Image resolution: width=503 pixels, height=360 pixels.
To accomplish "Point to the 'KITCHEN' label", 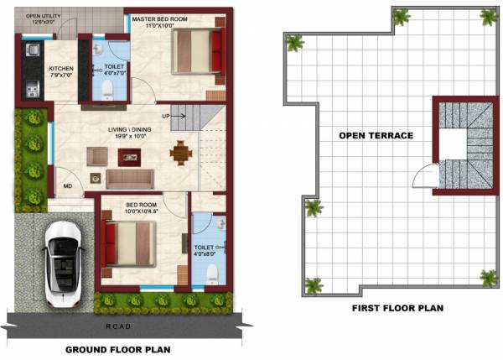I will pyautogui.click(x=60, y=69).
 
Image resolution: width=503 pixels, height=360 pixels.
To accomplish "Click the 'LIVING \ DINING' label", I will pyautogui.click(x=127, y=128).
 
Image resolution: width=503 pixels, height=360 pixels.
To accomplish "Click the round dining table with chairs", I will pyautogui.click(x=180, y=152).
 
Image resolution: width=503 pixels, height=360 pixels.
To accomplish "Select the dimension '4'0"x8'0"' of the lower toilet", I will pyautogui.click(x=205, y=255).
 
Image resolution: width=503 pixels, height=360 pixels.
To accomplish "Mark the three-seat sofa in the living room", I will pyautogui.click(x=129, y=178).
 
